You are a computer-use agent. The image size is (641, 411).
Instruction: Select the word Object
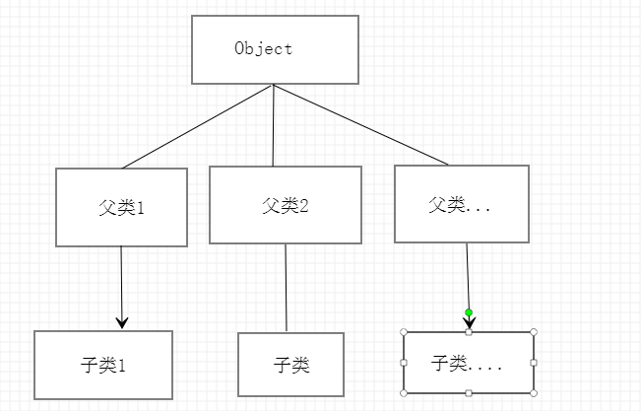[264, 48]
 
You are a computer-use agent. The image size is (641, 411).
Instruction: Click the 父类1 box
[121, 207]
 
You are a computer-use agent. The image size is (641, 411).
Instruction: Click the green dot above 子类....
[469, 312]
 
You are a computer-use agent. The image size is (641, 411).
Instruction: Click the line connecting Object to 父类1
[197, 126]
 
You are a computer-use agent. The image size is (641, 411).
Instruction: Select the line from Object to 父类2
[273, 126]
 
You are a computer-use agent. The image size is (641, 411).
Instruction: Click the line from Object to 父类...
[359, 125]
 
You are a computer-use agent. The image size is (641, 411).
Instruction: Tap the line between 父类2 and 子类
[286, 288]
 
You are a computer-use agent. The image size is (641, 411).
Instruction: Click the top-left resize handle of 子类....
[405, 332]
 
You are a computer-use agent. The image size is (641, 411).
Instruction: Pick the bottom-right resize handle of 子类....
[533, 393]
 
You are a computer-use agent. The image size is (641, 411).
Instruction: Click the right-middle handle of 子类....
[533, 363]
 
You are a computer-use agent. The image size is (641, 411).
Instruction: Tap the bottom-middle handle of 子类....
[469, 393]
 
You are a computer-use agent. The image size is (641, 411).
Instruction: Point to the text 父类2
[286, 206]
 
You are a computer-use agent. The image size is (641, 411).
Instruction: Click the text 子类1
[103, 365]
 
